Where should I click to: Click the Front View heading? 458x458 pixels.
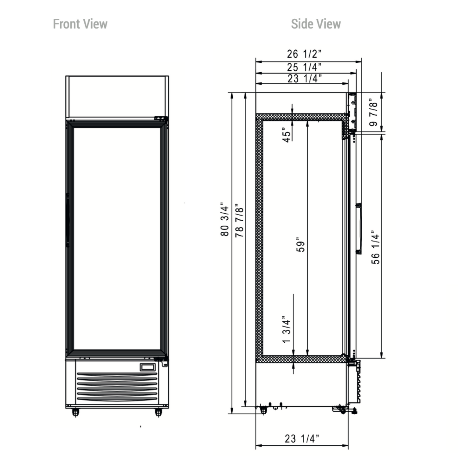point(80,24)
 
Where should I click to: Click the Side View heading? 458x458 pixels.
point(316,24)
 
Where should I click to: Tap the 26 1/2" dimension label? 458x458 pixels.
point(304,54)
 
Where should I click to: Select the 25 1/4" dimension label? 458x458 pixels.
point(304,67)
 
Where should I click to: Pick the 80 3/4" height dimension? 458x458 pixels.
point(225,219)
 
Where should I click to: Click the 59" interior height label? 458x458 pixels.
point(301,244)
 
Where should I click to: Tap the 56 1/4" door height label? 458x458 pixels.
point(376,247)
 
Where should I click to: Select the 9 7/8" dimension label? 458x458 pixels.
point(373,112)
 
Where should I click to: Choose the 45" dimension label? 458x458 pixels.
point(287,135)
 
